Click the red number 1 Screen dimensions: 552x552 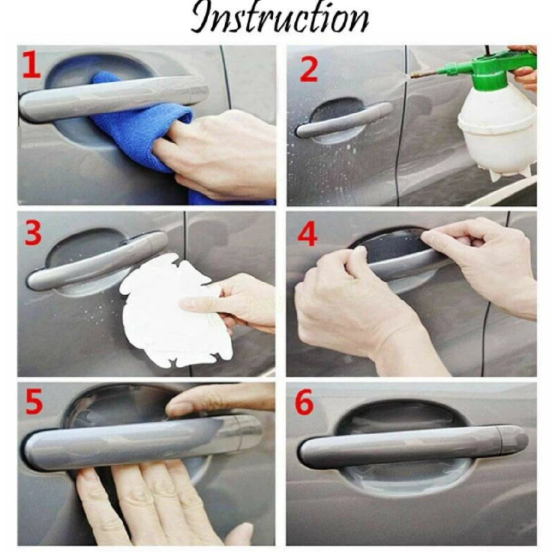coord(31,65)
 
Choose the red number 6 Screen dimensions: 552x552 coord(304,402)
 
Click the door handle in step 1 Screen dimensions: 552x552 coord(114,98)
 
